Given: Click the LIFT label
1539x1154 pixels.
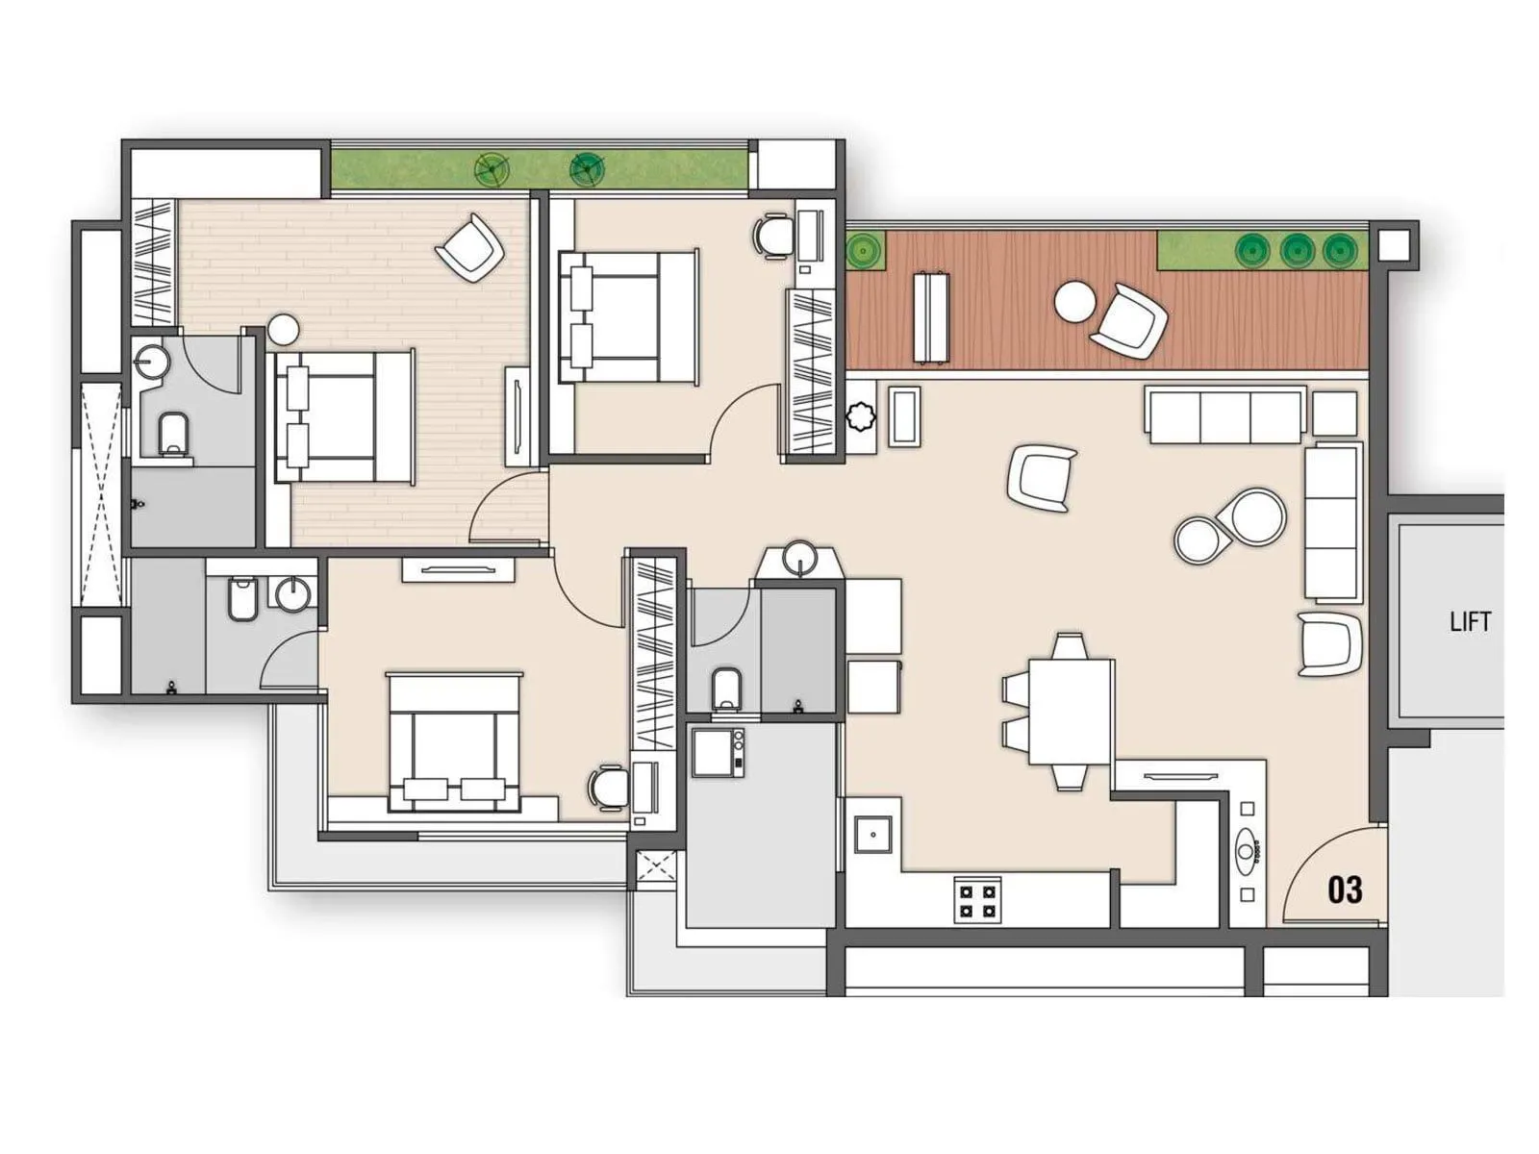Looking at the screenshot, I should coord(1470,622).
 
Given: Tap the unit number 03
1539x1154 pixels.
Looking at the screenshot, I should coord(1345,890).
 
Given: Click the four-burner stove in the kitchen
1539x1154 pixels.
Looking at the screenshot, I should coord(977,900).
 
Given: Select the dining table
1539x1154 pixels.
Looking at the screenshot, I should coord(1071,711).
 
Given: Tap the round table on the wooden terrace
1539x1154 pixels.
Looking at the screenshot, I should coord(1075,303).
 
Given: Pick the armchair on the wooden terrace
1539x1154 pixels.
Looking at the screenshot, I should coord(1131,320).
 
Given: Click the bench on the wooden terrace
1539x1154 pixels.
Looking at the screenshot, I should coord(930,318).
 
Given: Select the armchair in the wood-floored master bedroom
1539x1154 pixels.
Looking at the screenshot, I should coord(470,247).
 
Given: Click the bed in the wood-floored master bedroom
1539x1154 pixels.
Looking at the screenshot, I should coord(344,416).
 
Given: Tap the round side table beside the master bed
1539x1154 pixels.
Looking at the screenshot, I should coord(284,330).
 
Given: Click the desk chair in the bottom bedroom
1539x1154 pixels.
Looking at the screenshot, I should coord(608,788).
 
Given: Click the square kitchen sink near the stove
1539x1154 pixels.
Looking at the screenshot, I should coord(873,835).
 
